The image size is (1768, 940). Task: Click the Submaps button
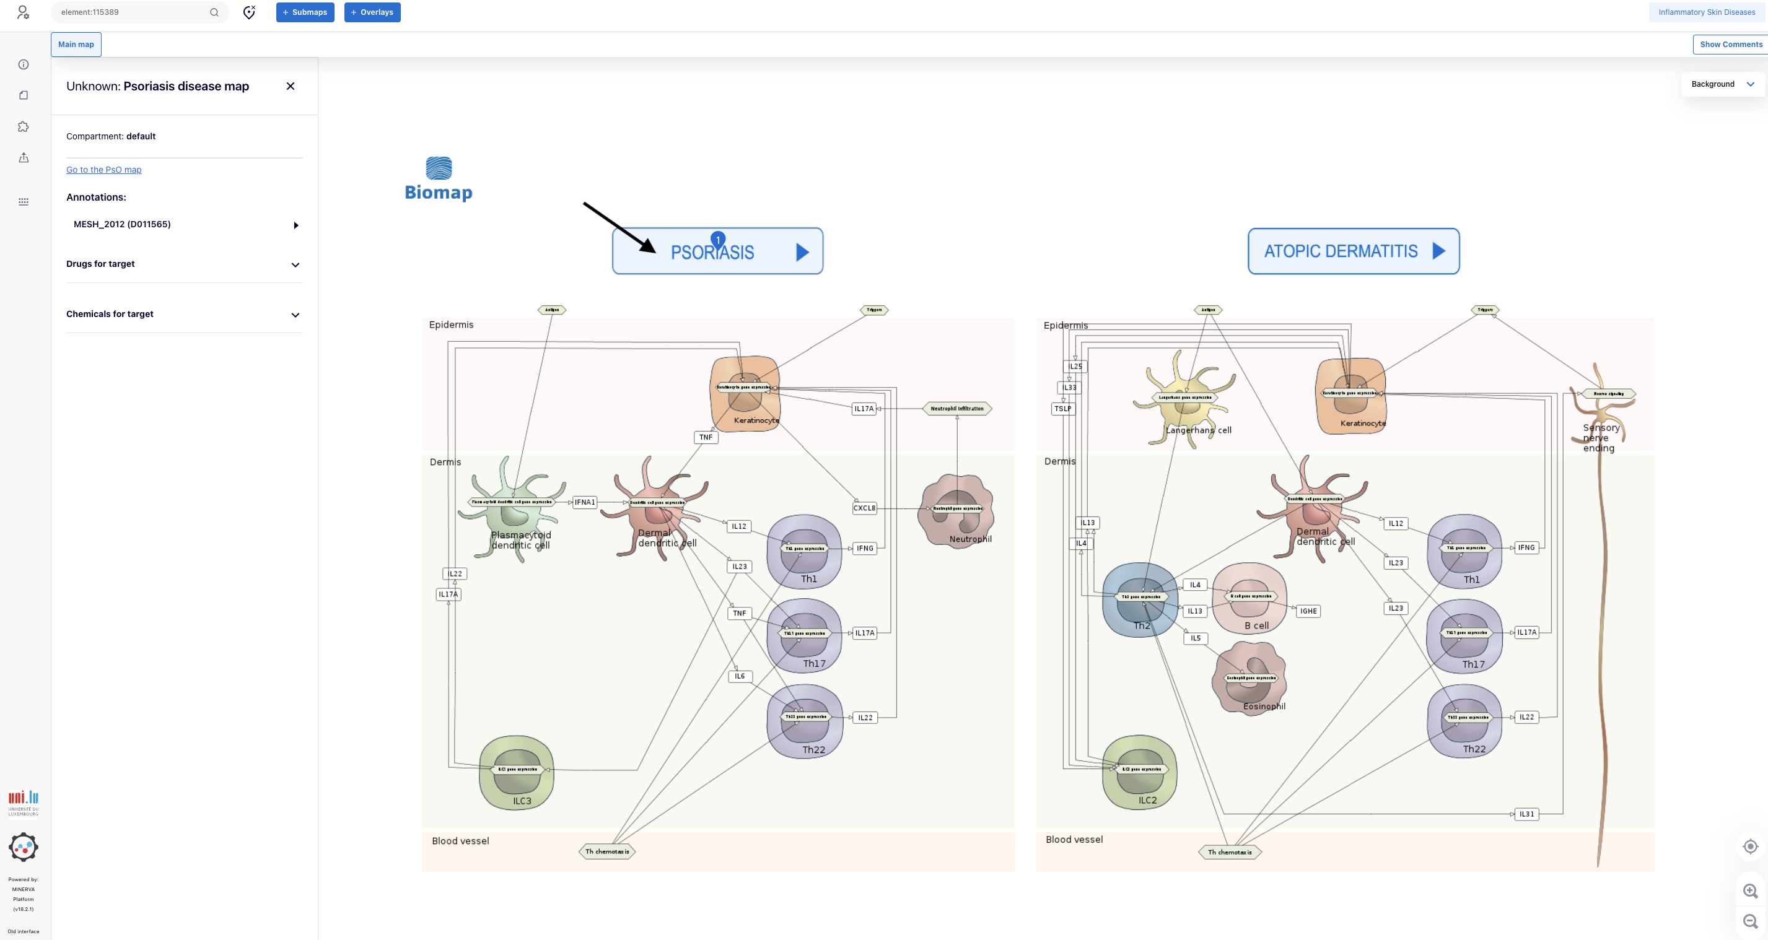pos(305,12)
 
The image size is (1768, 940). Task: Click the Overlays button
pos(372,12)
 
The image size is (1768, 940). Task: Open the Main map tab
pos(76,45)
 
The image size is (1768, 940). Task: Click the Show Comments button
pos(1730,45)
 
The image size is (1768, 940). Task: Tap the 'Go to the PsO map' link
pos(103,170)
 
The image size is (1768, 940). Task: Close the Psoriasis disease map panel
pos(291,87)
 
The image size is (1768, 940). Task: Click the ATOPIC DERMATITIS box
pos(1353,251)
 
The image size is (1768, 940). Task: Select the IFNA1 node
pos(585,502)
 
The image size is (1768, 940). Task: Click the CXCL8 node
pos(864,508)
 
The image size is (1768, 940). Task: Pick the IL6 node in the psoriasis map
pos(739,677)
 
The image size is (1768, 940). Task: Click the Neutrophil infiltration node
pos(956,409)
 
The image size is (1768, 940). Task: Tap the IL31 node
pos(1526,814)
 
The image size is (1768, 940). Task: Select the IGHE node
pos(1308,611)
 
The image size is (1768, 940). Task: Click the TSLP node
pos(1062,409)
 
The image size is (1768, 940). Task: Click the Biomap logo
pos(439,179)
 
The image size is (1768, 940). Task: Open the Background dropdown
pos(1722,84)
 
